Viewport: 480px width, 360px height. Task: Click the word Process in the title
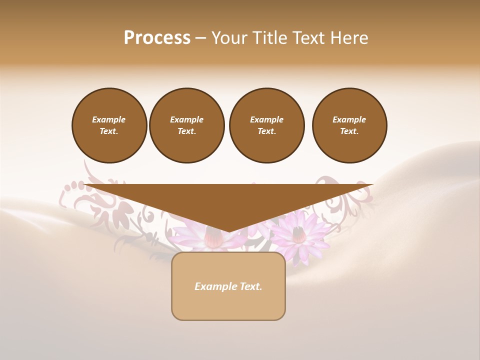[157, 38]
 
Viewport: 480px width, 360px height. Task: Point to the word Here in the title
[350, 38]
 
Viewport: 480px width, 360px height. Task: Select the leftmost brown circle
[109, 125]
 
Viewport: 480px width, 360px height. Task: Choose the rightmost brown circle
[349, 125]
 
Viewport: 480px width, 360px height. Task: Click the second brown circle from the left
[186, 125]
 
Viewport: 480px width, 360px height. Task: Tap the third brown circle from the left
[266, 125]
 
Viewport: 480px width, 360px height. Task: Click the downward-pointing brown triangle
[228, 200]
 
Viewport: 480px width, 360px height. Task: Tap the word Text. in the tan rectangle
[249, 286]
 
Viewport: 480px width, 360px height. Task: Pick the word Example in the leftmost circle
[109, 120]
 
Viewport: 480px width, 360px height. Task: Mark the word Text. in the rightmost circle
[349, 131]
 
